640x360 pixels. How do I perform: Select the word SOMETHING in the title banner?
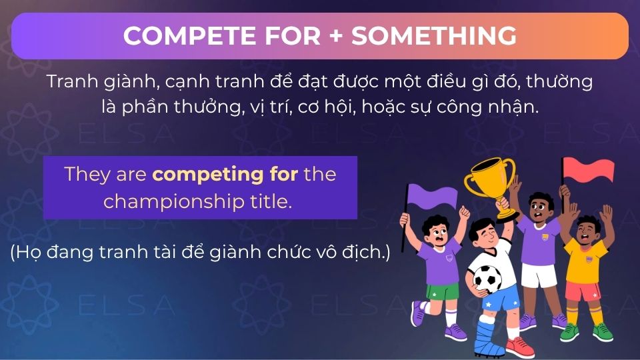434,36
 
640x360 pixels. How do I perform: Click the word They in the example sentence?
83,175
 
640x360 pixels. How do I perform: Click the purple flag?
433,197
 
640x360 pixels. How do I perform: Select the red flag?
589,171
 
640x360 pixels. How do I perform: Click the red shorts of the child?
582,291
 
